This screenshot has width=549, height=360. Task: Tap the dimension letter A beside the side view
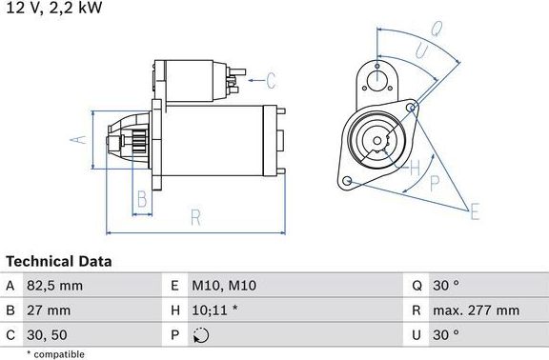[x=78, y=141]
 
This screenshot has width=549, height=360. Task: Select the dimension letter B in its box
[x=141, y=199]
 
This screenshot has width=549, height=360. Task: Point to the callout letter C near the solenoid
[x=270, y=79]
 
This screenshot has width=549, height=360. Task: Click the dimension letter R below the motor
[x=195, y=218]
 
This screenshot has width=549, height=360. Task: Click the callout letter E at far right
[x=474, y=210]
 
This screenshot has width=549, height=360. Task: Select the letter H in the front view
[x=415, y=169]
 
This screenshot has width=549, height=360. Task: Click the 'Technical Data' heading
[x=59, y=261]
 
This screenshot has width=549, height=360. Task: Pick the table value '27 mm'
[x=49, y=310]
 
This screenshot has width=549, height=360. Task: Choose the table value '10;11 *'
[x=214, y=310]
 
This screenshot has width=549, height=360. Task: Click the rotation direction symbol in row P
[x=200, y=335]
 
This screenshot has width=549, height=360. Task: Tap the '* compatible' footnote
[x=55, y=353]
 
